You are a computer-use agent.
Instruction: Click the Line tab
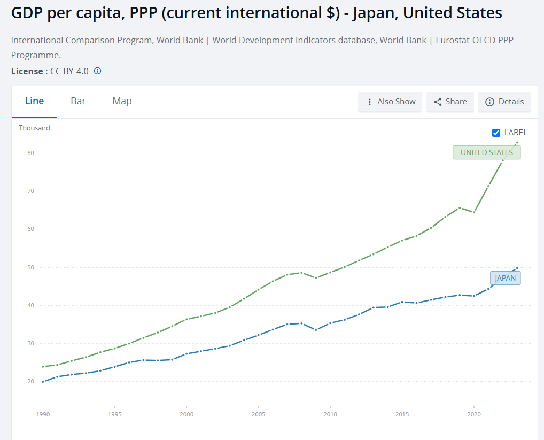pyautogui.click(x=34, y=101)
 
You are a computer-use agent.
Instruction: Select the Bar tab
pyautogui.click(x=78, y=101)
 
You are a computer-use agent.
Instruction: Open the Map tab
pyautogui.click(x=122, y=101)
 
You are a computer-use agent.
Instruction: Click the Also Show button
pyautogui.click(x=390, y=102)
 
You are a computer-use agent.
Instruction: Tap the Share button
pyautogui.click(x=450, y=102)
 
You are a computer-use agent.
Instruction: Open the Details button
pyautogui.click(x=504, y=102)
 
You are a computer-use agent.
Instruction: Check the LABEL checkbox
pyautogui.click(x=496, y=133)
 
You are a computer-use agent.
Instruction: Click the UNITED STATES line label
pyautogui.click(x=486, y=152)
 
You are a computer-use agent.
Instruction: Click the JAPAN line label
pyautogui.click(x=505, y=278)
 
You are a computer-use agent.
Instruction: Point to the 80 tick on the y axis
pyautogui.click(x=30, y=153)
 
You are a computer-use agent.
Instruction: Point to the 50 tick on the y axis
pyautogui.click(x=30, y=267)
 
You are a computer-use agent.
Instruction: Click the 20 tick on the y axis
pyautogui.click(x=30, y=382)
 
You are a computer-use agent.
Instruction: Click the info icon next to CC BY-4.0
pyautogui.click(x=98, y=71)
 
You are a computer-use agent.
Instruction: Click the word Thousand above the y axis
pyautogui.click(x=34, y=128)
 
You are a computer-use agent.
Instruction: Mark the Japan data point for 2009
pyautogui.click(x=316, y=330)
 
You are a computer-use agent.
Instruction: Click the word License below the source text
pyautogui.click(x=27, y=71)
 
